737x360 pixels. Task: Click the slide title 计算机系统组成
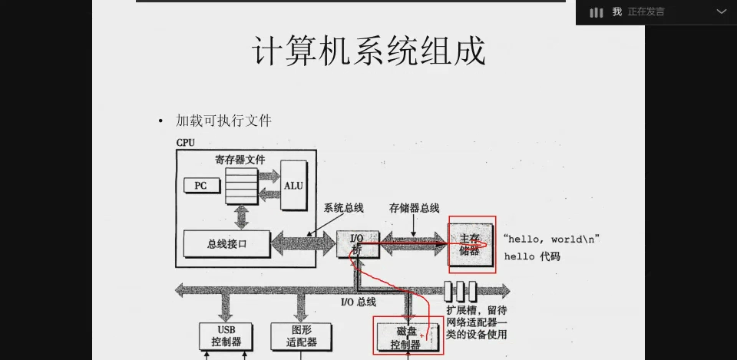[x=369, y=51]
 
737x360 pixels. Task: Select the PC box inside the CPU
[x=201, y=186]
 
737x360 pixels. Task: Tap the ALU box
[x=293, y=185]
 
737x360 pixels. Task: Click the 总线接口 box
[x=226, y=244]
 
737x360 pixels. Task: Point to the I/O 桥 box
[x=358, y=244]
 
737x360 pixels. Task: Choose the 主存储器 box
[x=470, y=244]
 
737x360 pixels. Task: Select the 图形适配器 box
[x=301, y=336]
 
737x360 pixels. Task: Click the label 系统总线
[x=344, y=208]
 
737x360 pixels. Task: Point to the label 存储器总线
[x=414, y=208]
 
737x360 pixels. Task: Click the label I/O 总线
[x=359, y=302]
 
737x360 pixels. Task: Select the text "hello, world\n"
[x=552, y=239]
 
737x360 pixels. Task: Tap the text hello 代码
[x=531, y=256]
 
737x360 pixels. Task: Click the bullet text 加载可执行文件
[x=223, y=121]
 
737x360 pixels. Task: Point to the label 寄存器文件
[x=240, y=160]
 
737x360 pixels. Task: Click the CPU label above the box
[x=185, y=143]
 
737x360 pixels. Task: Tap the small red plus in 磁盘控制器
[x=422, y=335]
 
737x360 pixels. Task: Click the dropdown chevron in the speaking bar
[x=722, y=12]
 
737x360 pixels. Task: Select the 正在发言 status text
[x=646, y=12]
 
